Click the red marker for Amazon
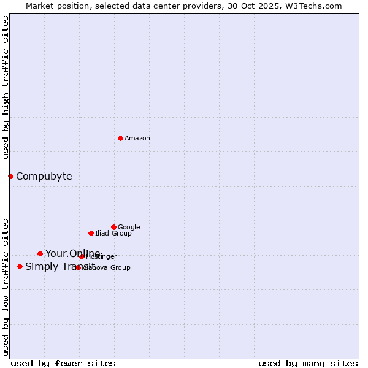pyautogui.click(x=120, y=138)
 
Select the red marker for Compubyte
pyautogui.click(x=10, y=176)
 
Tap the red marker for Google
pyautogui.click(x=113, y=227)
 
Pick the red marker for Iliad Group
pyautogui.click(x=91, y=233)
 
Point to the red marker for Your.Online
pyautogui.click(x=40, y=253)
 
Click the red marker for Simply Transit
pyautogui.click(x=20, y=266)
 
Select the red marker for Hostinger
pyautogui.click(x=82, y=256)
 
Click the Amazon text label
pyautogui.click(x=137, y=139)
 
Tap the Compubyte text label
pyautogui.click(x=44, y=177)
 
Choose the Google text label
pyautogui.click(x=129, y=228)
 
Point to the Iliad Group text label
pyautogui.click(x=113, y=234)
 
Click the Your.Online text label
pyautogui.click(x=72, y=254)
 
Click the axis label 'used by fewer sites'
pyautogui.click(x=63, y=363)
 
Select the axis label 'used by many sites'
pyautogui.click(x=308, y=363)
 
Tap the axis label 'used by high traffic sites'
pyautogui.click(x=6, y=87)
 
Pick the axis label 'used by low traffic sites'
pyautogui.click(x=6, y=287)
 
